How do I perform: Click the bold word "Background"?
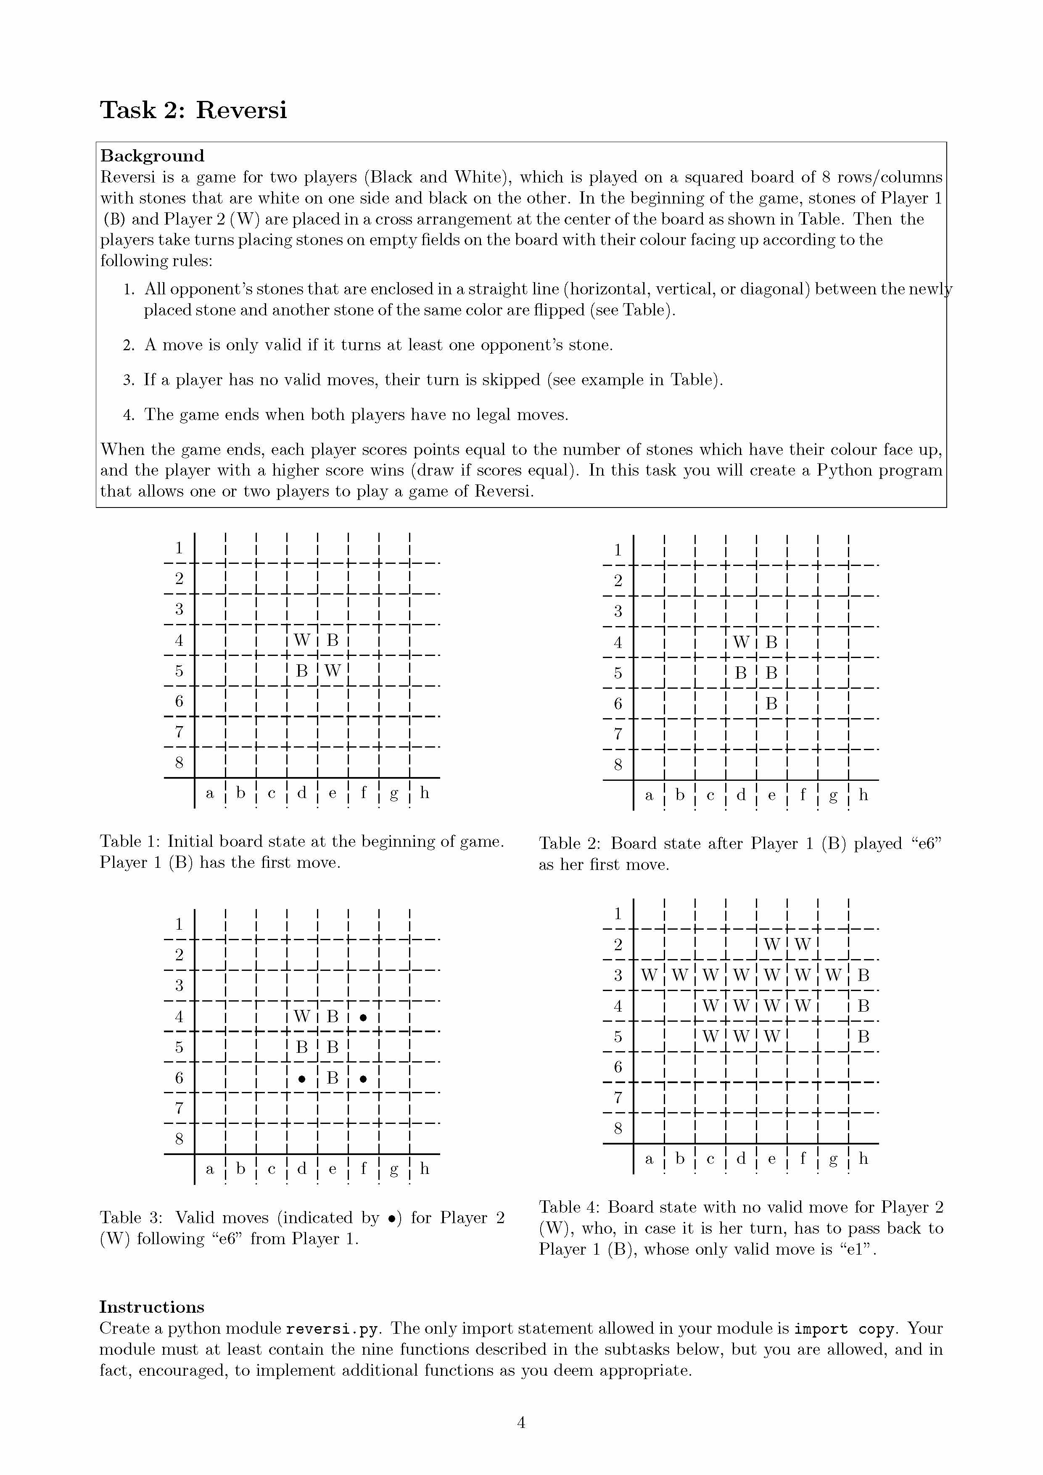tap(152, 156)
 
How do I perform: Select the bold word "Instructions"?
tap(152, 1307)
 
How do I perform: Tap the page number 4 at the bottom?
tap(521, 1422)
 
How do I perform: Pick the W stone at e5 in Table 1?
tap(332, 671)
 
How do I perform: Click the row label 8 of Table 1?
tap(179, 763)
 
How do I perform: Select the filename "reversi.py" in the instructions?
tap(335, 1329)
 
